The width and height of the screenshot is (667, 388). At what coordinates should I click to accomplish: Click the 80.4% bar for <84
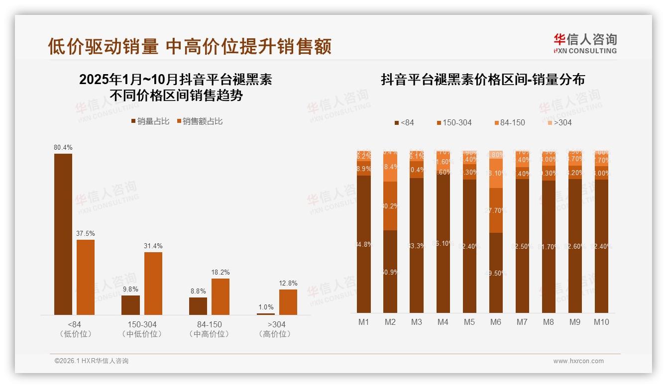[x=63, y=234]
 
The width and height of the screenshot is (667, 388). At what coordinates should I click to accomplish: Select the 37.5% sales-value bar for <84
[x=86, y=277]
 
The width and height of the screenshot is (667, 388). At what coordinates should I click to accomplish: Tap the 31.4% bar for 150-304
[x=153, y=283]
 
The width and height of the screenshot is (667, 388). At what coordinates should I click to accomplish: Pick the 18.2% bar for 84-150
[x=221, y=296]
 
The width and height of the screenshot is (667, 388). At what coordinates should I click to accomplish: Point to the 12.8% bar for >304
[x=288, y=302]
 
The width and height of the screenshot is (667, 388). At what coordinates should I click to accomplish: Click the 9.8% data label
[x=131, y=289]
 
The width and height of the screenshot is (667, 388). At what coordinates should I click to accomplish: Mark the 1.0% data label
[x=266, y=307]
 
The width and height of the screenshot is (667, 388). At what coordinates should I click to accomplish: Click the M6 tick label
[x=496, y=322]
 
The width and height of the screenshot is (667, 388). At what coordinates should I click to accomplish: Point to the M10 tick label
[x=601, y=322]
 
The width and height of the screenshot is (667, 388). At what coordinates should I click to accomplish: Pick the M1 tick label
[x=364, y=322]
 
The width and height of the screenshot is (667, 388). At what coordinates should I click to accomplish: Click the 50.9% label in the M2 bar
[x=390, y=272]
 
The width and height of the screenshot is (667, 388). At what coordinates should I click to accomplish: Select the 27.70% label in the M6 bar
[x=496, y=210]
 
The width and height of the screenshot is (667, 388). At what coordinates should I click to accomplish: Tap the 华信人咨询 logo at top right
[x=585, y=43]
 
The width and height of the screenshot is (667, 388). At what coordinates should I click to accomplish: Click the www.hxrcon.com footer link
[x=578, y=361]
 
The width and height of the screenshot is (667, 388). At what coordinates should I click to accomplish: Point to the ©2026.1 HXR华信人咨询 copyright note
[x=92, y=361]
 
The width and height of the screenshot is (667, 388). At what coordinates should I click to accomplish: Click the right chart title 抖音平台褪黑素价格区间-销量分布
[x=483, y=80]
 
